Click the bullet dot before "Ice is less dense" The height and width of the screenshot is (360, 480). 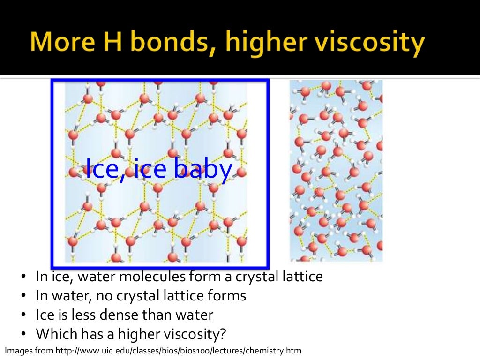(23, 315)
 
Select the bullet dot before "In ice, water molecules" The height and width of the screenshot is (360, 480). (23, 277)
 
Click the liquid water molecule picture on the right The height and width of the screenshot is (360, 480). (336, 170)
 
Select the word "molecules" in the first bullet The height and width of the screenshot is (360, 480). (151, 277)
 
